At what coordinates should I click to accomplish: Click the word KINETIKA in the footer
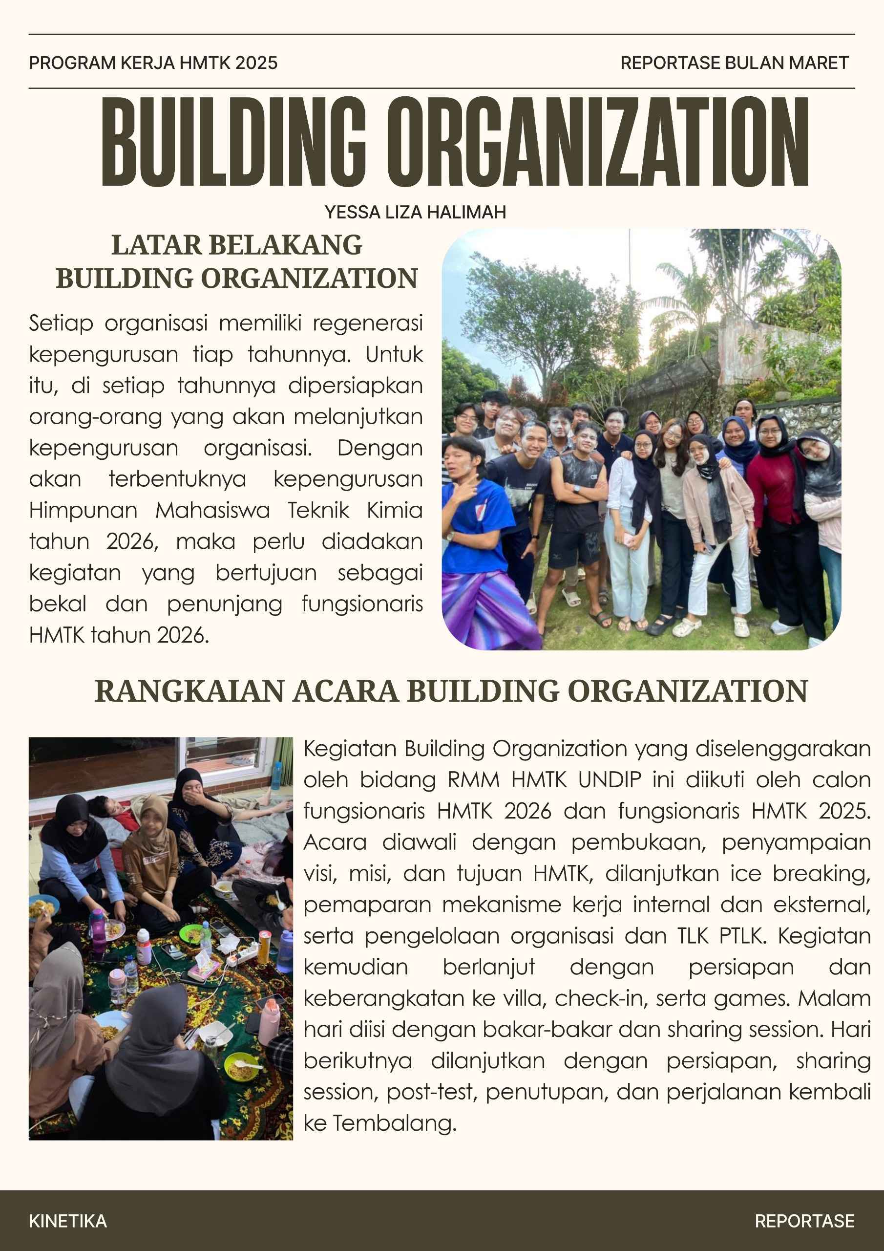click(67, 1221)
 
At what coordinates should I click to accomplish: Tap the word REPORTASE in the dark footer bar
click(804, 1221)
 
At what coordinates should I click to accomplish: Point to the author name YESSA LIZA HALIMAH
click(415, 212)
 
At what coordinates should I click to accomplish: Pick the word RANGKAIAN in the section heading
click(189, 691)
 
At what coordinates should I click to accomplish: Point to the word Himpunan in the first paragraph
click(83, 511)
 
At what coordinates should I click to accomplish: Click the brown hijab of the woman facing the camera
click(153, 816)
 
